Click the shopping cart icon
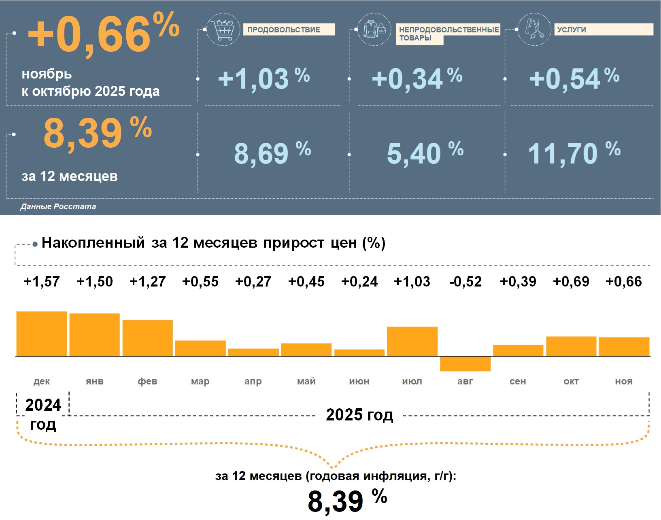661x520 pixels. coord(223,29)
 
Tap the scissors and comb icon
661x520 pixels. coord(534,29)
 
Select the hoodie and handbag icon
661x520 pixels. coord(374,29)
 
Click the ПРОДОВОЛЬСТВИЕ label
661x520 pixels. coord(288,30)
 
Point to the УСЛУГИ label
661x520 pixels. coord(603,30)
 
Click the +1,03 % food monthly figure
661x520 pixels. coord(264,78)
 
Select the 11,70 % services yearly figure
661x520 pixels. coord(574,153)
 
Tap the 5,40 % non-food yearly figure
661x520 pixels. coord(425,153)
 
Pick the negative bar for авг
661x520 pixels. coord(465,363)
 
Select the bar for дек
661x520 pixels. coord(42,334)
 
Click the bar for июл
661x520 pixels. coord(412,341)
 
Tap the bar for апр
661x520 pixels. coord(253,352)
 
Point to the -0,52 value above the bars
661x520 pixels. coord(465,281)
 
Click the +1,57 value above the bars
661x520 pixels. coord(42,281)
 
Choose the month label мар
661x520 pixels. coord(200,381)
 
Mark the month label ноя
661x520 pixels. coord(623,381)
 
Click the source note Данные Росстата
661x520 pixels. coord(58,206)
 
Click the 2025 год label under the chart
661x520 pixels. coord(359,415)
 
